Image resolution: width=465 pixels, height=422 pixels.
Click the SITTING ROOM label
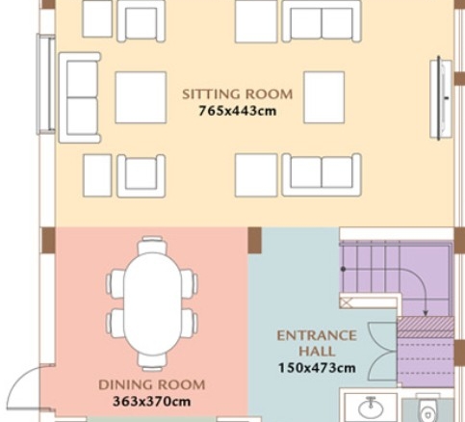238,94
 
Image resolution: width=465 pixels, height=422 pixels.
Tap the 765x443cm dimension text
238,111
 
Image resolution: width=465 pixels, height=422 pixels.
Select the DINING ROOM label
152,384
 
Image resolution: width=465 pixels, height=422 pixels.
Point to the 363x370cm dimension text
152,402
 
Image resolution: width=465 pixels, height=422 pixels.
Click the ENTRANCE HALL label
317,343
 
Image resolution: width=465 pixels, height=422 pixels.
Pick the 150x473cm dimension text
317,368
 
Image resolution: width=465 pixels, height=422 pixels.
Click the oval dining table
152,303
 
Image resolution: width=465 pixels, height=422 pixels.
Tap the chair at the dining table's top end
152,245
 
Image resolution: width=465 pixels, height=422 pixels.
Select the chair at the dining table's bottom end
152,362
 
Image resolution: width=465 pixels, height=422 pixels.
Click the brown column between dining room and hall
255,241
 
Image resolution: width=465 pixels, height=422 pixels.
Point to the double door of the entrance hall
382,352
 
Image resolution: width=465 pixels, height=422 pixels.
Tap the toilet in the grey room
427,410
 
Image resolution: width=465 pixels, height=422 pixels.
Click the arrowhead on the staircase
426,313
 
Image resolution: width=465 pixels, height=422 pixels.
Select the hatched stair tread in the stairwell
426,328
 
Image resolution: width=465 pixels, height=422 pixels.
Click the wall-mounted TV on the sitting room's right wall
440,99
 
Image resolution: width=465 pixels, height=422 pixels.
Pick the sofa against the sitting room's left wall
80,97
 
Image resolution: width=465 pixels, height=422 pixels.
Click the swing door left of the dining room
31,387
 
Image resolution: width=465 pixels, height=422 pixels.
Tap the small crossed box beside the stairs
346,303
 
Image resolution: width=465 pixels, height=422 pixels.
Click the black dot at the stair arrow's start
343,269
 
